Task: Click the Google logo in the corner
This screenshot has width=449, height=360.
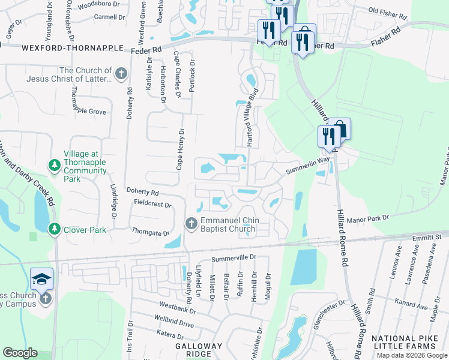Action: (x=20, y=353)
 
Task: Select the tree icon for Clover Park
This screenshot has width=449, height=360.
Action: (x=55, y=229)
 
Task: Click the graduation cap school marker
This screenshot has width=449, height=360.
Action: (x=42, y=278)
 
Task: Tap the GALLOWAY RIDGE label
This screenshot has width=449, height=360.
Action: (x=199, y=351)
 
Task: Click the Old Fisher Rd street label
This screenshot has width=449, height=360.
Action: (x=390, y=11)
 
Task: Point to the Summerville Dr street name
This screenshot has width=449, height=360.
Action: (x=234, y=257)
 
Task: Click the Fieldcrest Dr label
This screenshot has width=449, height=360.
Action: (x=152, y=205)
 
